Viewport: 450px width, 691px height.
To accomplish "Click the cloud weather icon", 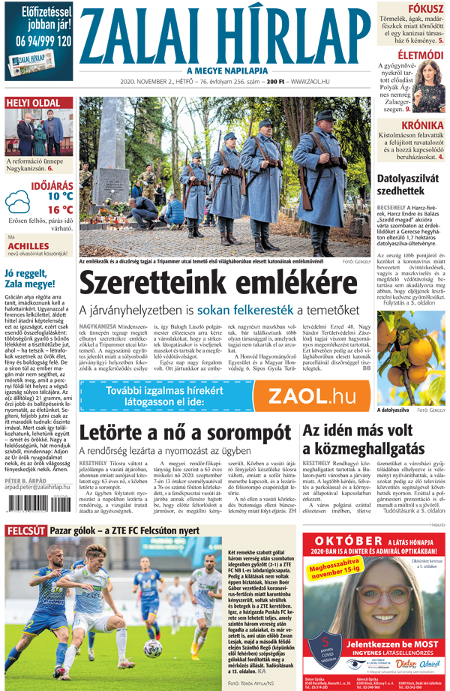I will coord(18,202).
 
